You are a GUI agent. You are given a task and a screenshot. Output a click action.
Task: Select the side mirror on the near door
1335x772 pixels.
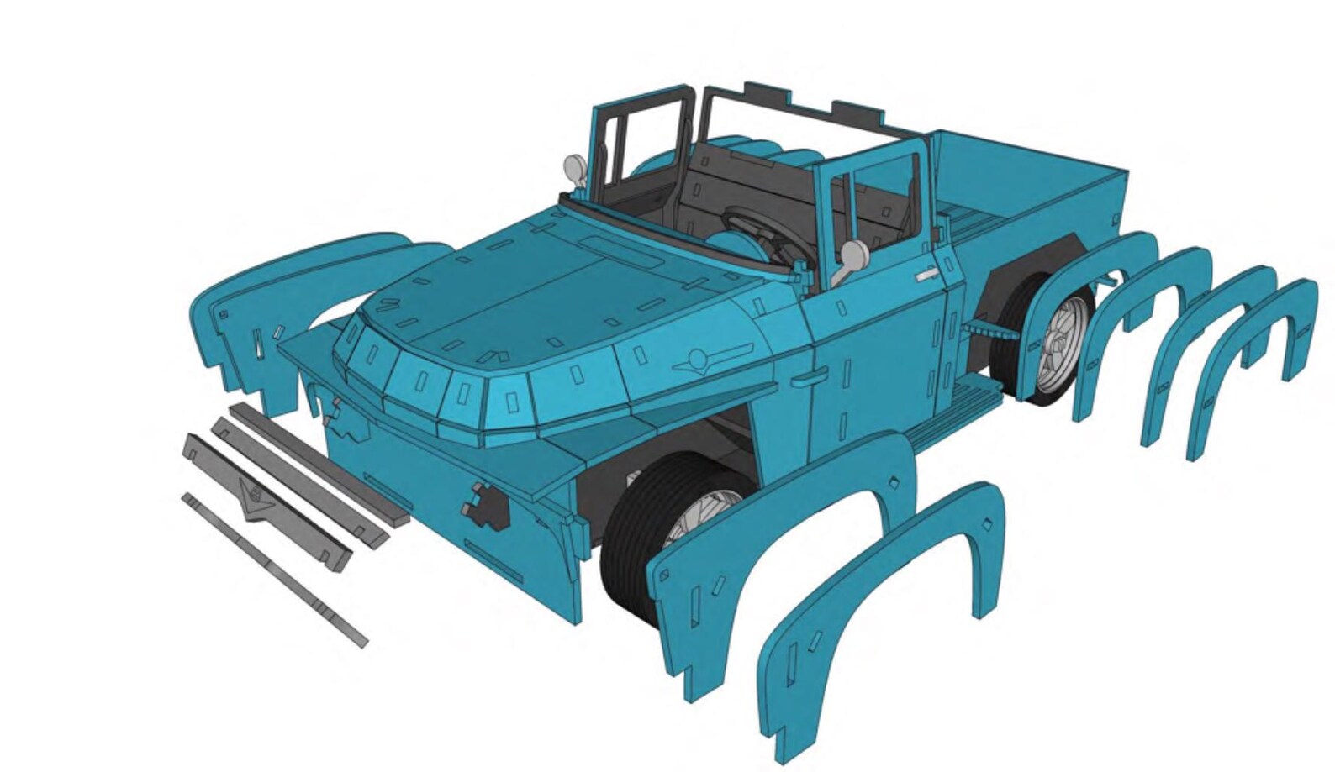pyautogui.click(x=852, y=253)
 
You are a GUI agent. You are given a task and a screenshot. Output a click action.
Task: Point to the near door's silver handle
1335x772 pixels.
pyautogui.click(x=927, y=274)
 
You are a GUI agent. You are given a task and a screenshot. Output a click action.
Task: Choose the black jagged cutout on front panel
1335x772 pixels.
pyautogui.click(x=486, y=504)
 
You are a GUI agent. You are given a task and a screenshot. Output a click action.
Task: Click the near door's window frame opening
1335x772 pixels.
pyautogui.click(x=883, y=202)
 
